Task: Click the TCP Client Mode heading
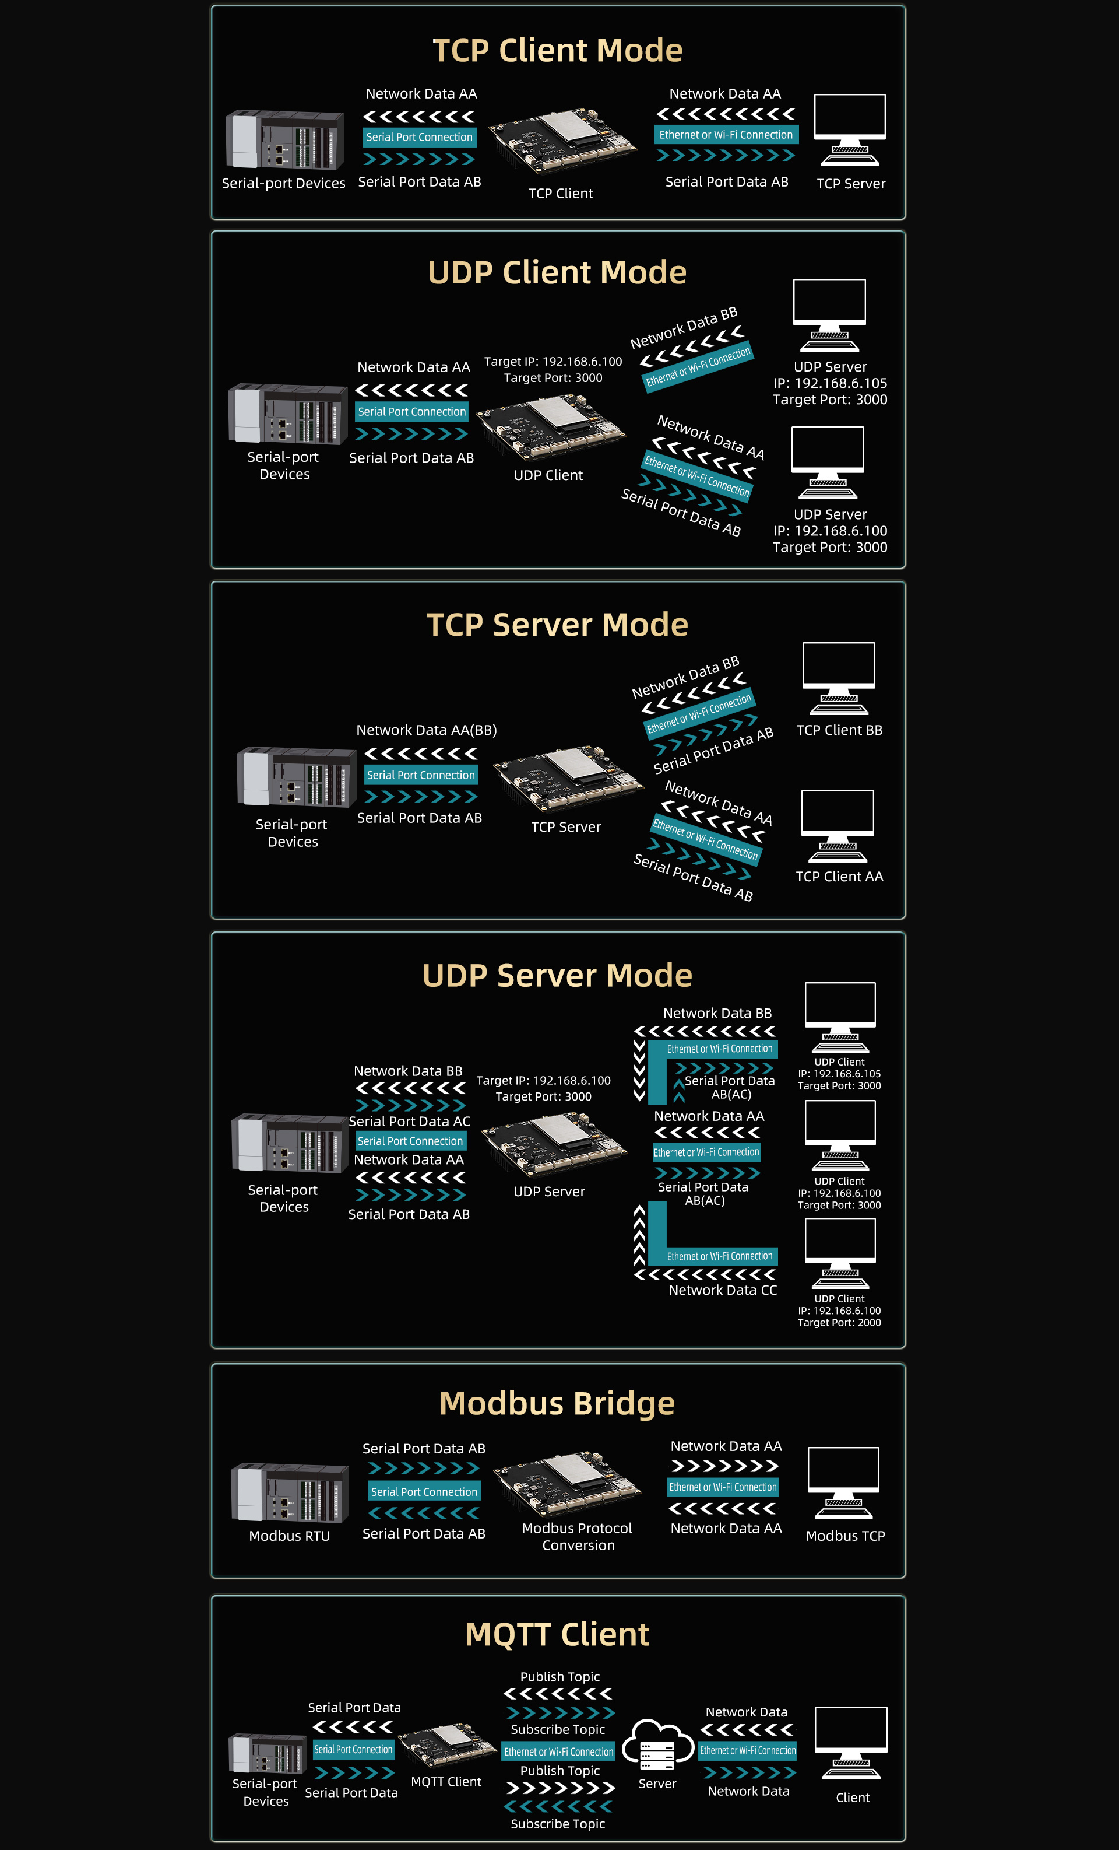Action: (558, 50)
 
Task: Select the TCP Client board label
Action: (561, 193)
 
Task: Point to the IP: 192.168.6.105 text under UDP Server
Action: (830, 383)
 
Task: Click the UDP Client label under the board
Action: (548, 475)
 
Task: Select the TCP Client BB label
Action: (839, 730)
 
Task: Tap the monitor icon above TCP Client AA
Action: (838, 826)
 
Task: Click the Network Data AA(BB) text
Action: (426, 730)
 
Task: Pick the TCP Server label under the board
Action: (566, 826)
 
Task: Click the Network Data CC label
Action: (723, 1290)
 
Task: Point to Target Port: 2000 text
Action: (839, 1322)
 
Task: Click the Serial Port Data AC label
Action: (409, 1121)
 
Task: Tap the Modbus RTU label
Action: (290, 1536)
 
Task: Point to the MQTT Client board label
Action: (446, 1782)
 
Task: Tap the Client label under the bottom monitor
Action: (853, 1798)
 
